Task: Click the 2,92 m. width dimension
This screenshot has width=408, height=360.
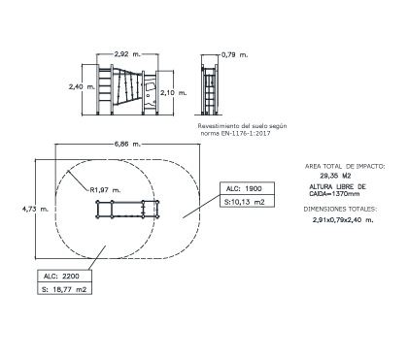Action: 127,54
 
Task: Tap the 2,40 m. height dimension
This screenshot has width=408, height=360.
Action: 82,86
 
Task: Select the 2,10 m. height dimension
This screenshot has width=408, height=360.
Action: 174,93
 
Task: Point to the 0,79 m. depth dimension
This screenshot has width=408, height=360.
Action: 235,55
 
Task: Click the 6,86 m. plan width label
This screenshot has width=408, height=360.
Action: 127,144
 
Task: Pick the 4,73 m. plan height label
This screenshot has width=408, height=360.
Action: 35,209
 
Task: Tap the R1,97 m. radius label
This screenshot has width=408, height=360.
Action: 105,190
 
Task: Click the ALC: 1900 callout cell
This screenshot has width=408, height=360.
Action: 248,188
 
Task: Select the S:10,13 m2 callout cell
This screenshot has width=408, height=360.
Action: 248,201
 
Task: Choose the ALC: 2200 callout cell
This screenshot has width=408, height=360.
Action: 64,276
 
